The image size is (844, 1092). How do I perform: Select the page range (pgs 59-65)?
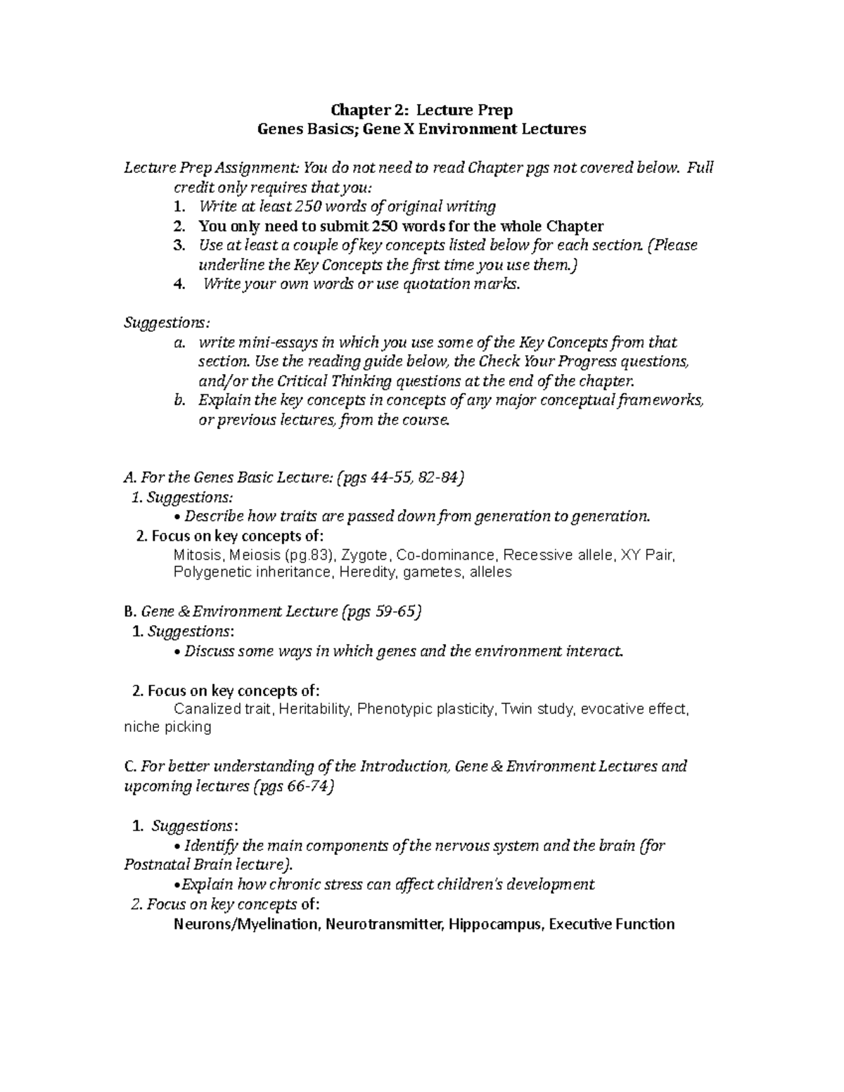pyautogui.click(x=381, y=612)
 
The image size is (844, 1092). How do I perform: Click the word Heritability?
pyautogui.click(x=314, y=709)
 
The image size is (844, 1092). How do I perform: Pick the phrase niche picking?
pyautogui.click(x=167, y=727)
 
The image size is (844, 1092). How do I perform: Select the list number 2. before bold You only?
pyautogui.click(x=179, y=226)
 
